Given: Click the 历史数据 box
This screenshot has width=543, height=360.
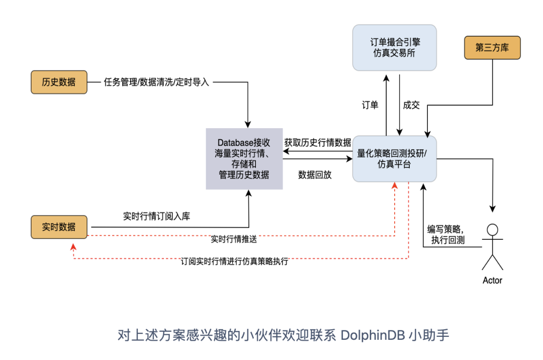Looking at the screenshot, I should point(59,82).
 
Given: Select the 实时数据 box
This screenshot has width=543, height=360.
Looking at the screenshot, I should point(59,227).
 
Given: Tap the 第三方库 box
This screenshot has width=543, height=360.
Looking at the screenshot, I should point(492,48).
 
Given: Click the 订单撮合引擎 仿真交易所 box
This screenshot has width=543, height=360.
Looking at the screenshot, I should point(394,48).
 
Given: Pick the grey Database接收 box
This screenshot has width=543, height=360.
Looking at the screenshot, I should point(244,159).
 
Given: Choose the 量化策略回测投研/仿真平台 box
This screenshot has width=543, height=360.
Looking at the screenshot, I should point(394,158).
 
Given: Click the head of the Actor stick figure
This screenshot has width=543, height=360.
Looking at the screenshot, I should point(493,230).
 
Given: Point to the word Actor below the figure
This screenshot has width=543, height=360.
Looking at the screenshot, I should point(492,281).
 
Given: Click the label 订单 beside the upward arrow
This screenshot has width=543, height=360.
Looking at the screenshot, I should point(370,105).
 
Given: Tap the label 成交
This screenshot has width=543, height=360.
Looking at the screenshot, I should point(411,105).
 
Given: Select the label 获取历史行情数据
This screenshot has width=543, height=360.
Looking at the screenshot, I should point(318,142).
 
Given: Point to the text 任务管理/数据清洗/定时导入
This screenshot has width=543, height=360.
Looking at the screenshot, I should point(156,82).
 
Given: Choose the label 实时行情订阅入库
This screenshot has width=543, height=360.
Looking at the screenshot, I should point(156,216).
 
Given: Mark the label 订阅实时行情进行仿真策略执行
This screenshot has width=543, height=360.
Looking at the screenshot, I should point(234,262).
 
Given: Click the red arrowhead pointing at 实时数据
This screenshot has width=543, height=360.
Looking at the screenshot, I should point(74,246).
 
